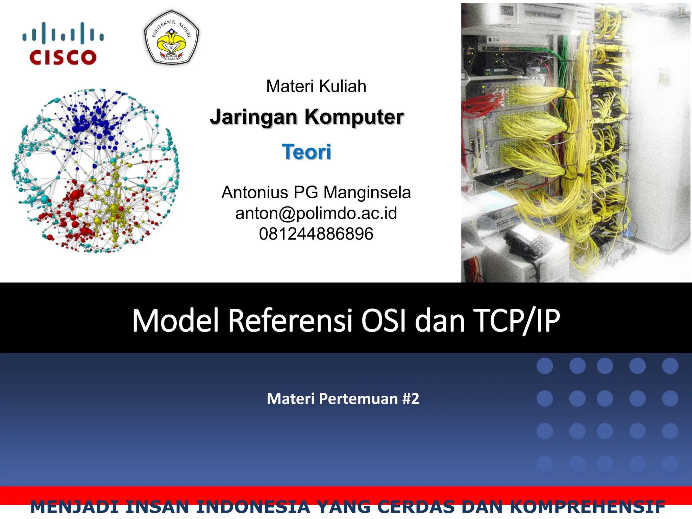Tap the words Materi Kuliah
coord(316,86)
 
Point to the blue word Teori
coord(306,152)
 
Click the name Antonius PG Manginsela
coord(316,193)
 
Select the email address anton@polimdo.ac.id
coord(316,213)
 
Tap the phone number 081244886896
coord(316,234)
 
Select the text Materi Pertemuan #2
coord(343,399)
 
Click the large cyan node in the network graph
coord(45,199)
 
